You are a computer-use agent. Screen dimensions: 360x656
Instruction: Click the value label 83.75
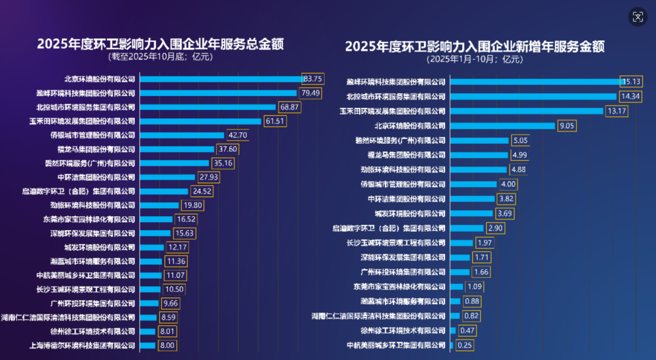click(x=313, y=79)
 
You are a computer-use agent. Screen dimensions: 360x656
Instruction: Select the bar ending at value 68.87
click(x=208, y=107)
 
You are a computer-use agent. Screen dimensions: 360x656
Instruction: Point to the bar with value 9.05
click(x=502, y=126)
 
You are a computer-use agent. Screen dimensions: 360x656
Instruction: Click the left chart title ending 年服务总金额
click(x=161, y=44)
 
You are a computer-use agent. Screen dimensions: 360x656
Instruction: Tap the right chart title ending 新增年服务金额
click(x=475, y=47)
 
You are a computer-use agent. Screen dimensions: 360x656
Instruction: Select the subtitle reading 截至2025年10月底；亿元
click(x=161, y=57)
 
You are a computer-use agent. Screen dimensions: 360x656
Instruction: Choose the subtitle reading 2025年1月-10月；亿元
click(x=475, y=59)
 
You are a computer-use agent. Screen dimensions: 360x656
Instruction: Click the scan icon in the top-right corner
click(x=637, y=17)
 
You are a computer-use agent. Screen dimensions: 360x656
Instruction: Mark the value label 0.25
click(x=465, y=345)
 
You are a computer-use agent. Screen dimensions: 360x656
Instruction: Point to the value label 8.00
click(x=167, y=345)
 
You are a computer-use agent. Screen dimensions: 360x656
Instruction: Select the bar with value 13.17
click(x=527, y=111)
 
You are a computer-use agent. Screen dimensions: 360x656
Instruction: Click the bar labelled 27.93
click(x=168, y=177)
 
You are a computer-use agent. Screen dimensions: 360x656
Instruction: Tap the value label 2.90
click(x=494, y=228)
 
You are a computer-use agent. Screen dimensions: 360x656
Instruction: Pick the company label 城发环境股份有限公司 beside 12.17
click(x=100, y=247)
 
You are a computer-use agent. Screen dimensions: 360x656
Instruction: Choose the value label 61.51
click(x=275, y=121)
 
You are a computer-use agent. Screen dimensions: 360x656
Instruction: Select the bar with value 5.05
click(x=479, y=140)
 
